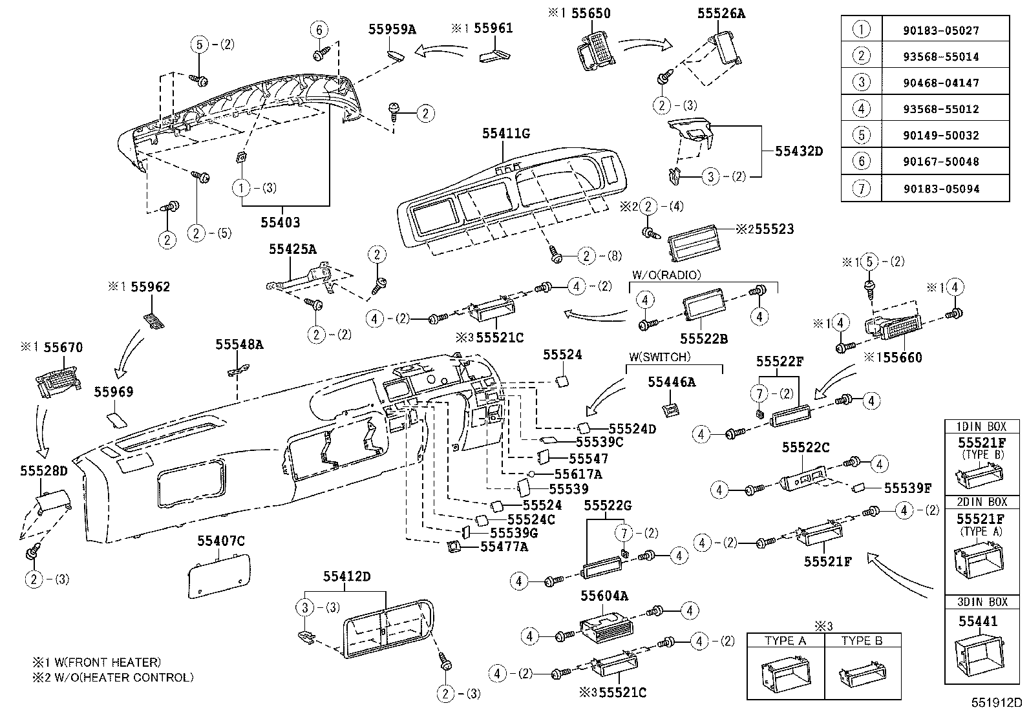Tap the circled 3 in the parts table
tap(861, 82)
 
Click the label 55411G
tap(505, 134)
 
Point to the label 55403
tap(281, 222)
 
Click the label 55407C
tap(221, 541)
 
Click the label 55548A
tap(239, 345)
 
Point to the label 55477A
tap(504, 547)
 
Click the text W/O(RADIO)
tap(665, 275)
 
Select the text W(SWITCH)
tap(659, 357)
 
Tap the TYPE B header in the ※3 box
tap(860, 640)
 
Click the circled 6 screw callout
tap(318, 30)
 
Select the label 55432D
tap(799, 151)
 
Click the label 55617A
tap(577, 474)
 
